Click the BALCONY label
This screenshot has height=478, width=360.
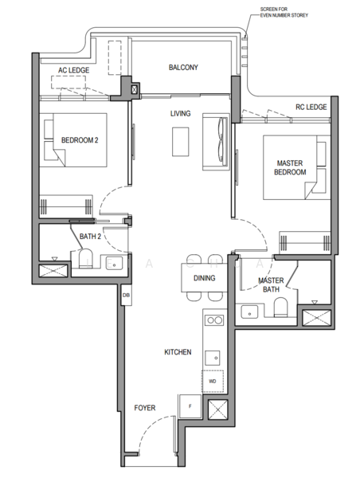(183, 68)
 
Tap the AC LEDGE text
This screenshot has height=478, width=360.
(73, 70)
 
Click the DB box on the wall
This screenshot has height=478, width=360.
(125, 296)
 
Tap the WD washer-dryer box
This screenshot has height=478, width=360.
(213, 381)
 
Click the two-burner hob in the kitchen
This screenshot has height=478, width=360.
(213, 320)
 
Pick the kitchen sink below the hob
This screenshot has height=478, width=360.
(213, 355)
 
